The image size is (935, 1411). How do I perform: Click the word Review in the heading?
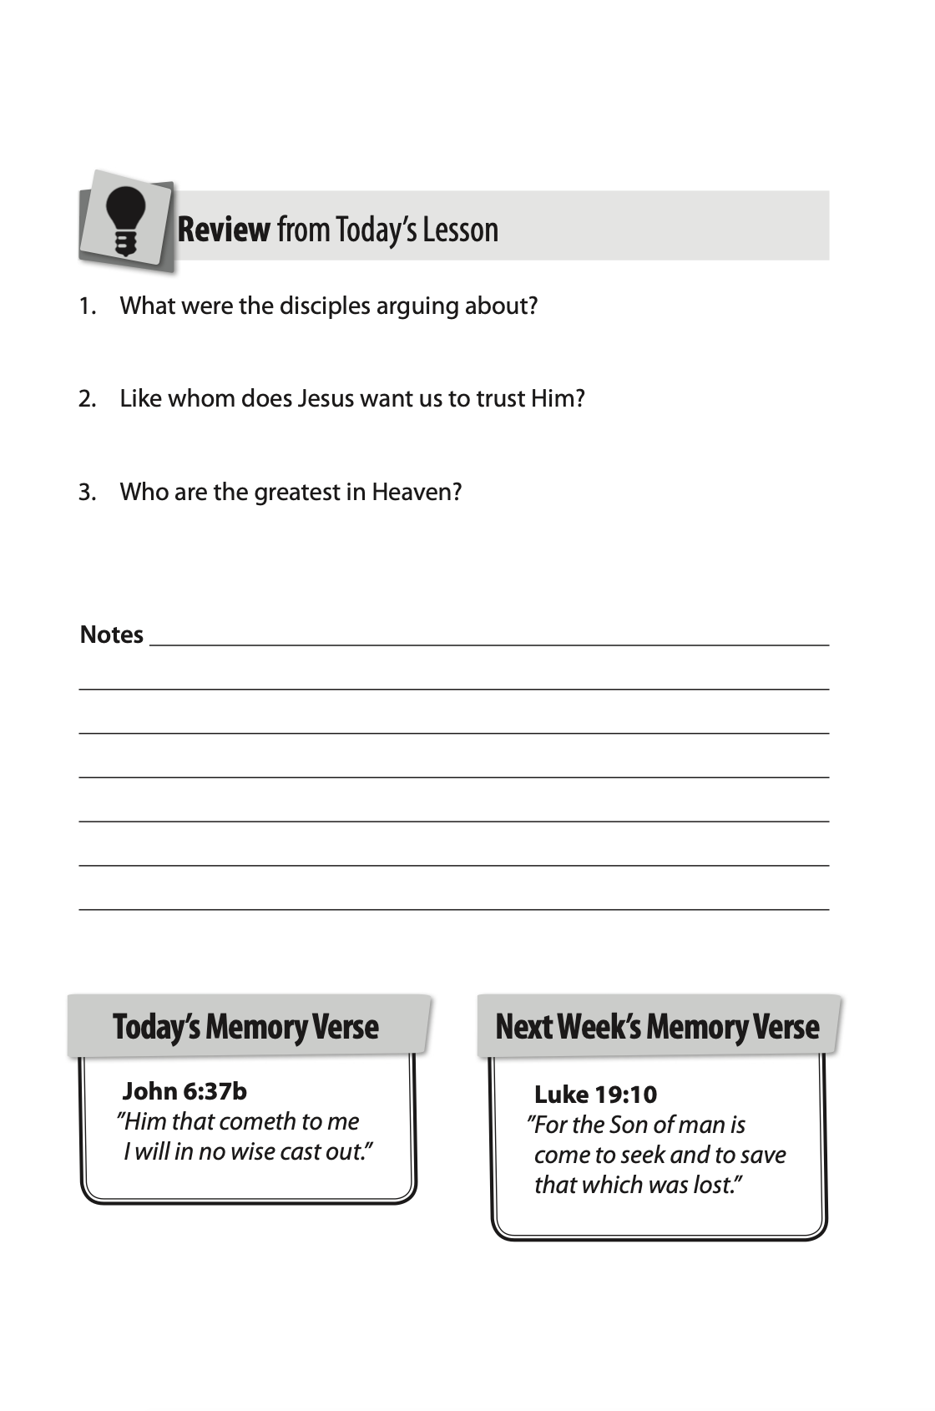tap(224, 230)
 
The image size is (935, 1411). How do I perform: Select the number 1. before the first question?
tap(88, 306)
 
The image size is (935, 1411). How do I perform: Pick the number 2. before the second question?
tap(88, 399)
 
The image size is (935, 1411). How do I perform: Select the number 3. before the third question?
tap(88, 493)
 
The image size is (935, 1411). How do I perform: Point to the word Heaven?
tap(417, 493)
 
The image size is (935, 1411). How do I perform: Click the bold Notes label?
tap(112, 635)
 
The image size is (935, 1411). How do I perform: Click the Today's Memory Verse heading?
tap(245, 1027)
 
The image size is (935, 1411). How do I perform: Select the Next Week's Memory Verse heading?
tap(657, 1027)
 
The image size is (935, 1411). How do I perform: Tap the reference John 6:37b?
tap(184, 1091)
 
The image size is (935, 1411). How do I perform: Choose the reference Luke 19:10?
tap(595, 1095)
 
